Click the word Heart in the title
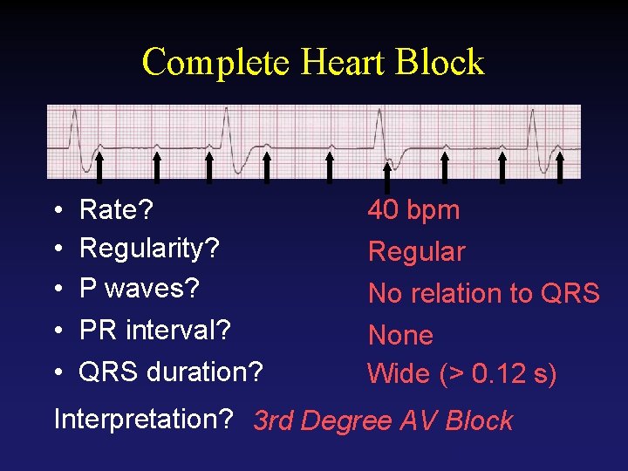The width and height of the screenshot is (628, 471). [x=333, y=63]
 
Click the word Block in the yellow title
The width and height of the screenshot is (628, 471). [x=440, y=63]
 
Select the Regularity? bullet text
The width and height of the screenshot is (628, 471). [x=148, y=249]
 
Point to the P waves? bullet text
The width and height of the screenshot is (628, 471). [x=140, y=288]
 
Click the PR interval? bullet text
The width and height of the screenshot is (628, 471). [x=154, y=331]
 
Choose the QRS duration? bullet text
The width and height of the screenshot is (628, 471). [x=170, y=372]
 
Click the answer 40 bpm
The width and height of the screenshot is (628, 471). [x=413, y=210]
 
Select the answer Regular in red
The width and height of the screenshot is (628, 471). [x=416, y=252]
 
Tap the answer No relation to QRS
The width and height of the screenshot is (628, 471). [x=483, y=294]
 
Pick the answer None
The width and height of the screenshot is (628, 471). [x=400, y=335]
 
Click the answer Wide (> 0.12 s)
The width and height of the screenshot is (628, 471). [x=461, y=374]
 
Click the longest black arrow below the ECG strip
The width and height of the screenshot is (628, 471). [x=387, y=174]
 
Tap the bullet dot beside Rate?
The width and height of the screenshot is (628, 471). [x=56, y=211]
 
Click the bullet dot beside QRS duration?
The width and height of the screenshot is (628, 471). [x=56, y=373]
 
